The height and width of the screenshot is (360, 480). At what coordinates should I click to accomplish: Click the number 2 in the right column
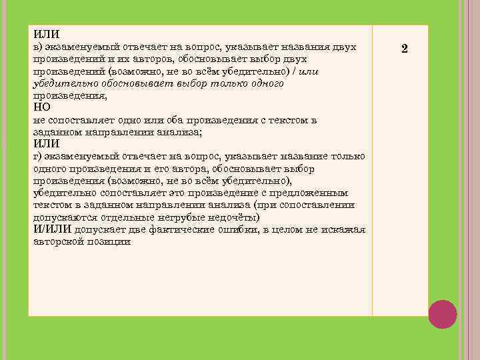coord(404,49)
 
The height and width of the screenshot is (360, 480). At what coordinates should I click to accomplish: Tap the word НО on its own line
coord(41,107)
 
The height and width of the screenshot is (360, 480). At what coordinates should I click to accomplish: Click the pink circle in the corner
coord(442,314)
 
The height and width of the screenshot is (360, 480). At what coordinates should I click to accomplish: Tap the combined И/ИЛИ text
coord(52,229)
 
